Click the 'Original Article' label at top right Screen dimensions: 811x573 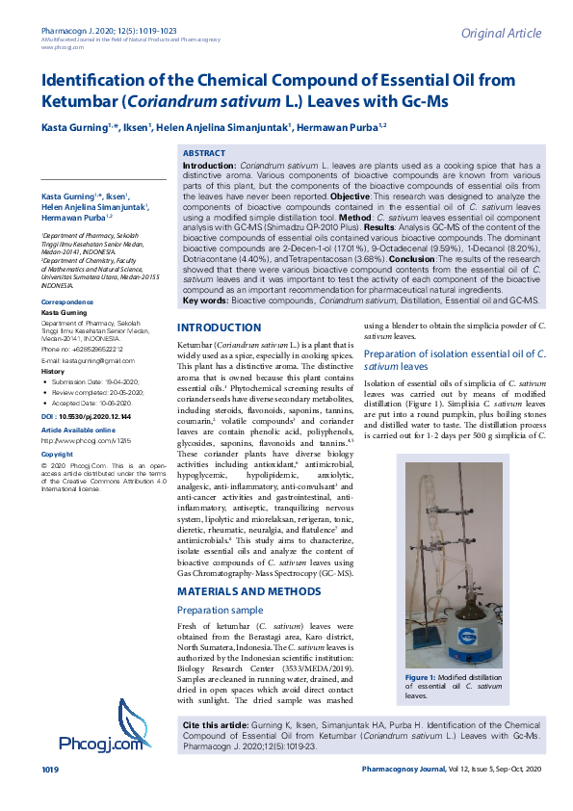coord(500,34)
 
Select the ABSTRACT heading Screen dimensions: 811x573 coord(203,153)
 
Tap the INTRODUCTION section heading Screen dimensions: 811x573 coord(220,301)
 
